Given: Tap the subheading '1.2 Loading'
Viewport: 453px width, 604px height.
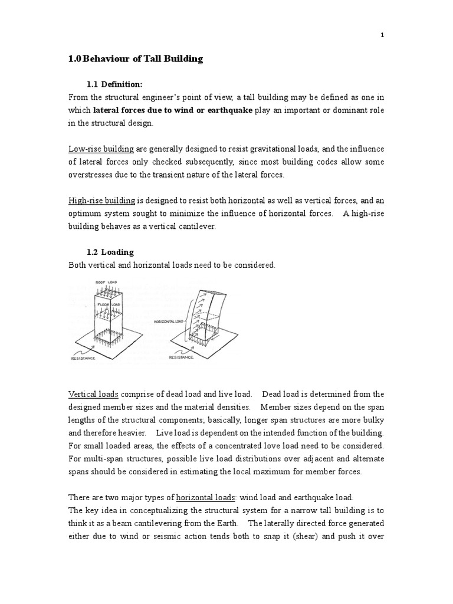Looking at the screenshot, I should click(x=110, y=252).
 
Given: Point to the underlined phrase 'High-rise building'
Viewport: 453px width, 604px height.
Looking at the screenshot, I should click(x=103, y=200).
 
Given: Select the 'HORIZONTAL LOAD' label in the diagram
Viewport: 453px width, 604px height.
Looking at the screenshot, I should click(x=170, y=322).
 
